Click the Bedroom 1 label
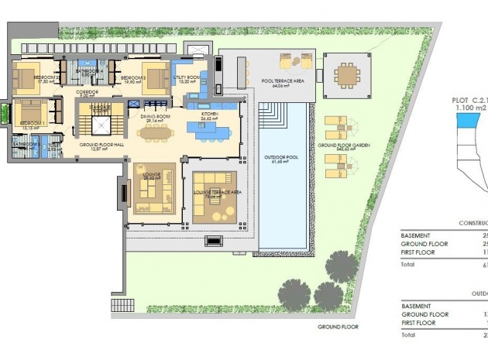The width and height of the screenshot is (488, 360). click(x=33, y=123)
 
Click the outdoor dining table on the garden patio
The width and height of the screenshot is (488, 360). click(x=345, y=74)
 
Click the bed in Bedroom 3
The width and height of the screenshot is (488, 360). click(x=154, y=77)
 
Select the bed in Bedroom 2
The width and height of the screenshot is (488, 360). click(x=26, y=77)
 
